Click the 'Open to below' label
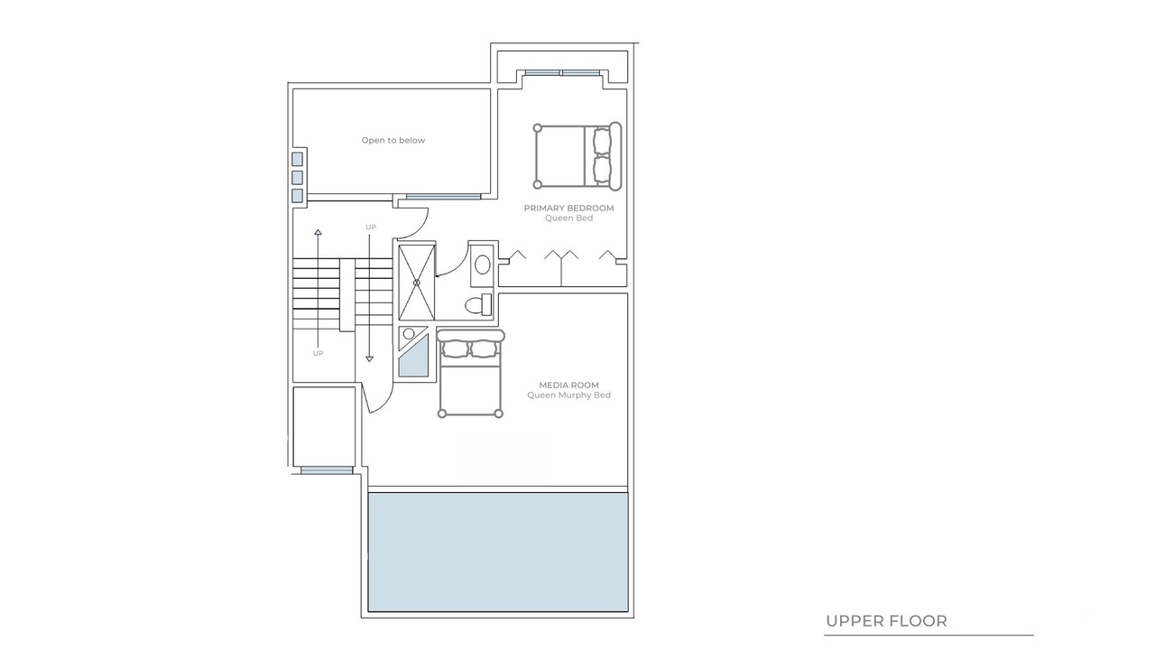point(393,140)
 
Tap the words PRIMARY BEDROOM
point(568,208)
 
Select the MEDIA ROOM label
point(568,385)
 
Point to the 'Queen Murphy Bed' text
point(568,395)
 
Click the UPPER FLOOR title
point(886,621)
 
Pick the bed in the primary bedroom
point(577,156)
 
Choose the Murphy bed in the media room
point(470,374)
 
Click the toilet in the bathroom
point(478,305)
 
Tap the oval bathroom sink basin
point(482,265)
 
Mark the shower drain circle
point(417,283)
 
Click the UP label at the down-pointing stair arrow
point(371,227)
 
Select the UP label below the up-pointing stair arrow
point(318,353)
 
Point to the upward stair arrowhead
point(319,232)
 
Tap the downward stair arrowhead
point(369,358)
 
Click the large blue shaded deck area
point(498,552)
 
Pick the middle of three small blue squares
point(297,178)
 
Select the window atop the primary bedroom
point(562,73)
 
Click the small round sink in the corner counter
point(409,334)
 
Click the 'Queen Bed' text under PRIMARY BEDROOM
point(568,218)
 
